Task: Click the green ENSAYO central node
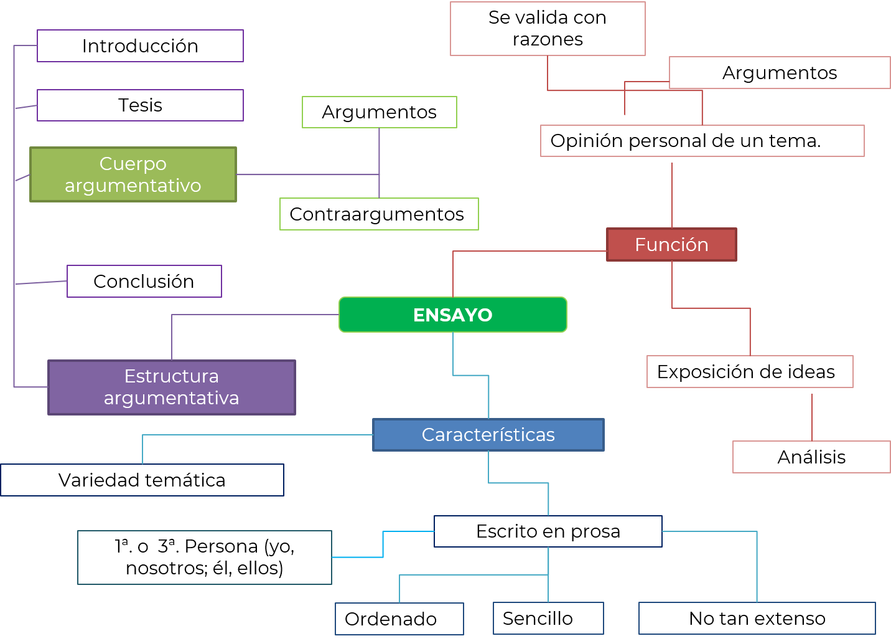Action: click(x=453, y=315)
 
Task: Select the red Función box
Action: click(x=671, y=244)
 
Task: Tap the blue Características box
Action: click(x=488, y=434)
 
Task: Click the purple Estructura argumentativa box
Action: click(x=172, y=387)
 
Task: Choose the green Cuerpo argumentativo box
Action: click(x=133, y=174)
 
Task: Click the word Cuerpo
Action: click(x=133, y=164)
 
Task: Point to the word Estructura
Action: click(x=172, y=376)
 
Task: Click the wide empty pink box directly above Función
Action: click(x=702, y=141)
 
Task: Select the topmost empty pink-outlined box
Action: click(x=548, y=29)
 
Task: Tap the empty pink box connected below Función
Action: click(x=750, y=371)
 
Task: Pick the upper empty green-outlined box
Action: click(x=380, y=112)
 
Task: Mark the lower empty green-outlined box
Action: click(x=379, y=214)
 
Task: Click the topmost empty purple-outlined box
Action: click(x=140, y=45)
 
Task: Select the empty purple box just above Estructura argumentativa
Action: click(x=144, y=281)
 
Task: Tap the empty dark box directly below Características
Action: click(x=548, y=531)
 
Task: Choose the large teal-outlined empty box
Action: click(x=205, y=558)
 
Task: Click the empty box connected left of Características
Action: click(x=142, y=480)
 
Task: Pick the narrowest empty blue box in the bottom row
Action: click(x=548, y=618)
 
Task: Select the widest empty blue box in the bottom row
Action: click(x=757, y=618)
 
